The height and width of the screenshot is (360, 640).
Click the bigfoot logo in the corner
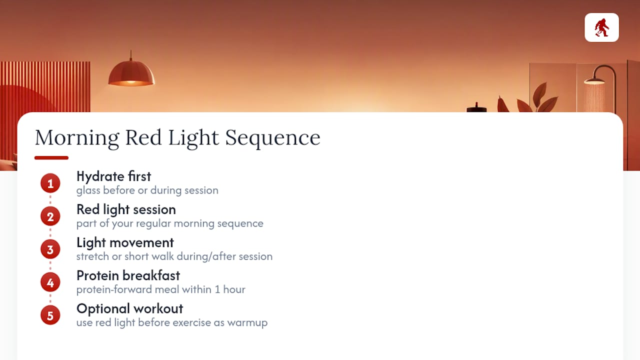[x=601, y=27]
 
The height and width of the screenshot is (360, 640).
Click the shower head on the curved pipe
[x=594, y=81]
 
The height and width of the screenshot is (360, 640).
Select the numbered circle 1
[x=50, y=183]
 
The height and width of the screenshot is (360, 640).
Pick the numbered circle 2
[x=50, y=216]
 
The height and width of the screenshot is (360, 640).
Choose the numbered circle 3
[x=50, y=249]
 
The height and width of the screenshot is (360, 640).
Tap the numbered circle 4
[x=50, y=282]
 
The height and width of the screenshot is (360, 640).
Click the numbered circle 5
[x=50, y=315]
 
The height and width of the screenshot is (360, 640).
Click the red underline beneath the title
[x=51, y=157]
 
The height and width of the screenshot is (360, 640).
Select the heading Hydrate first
[x=113, y=176]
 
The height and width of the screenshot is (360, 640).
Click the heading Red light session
[x=126, y=210]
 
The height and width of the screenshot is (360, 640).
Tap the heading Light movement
[x=125, y=242]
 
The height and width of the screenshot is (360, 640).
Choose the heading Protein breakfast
[x=128, y=275]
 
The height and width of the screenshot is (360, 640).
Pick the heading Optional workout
[x=130, y=309]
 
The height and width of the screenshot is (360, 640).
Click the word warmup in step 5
[x=247, y=323]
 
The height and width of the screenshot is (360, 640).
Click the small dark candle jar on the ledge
[x=476, y=107]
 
